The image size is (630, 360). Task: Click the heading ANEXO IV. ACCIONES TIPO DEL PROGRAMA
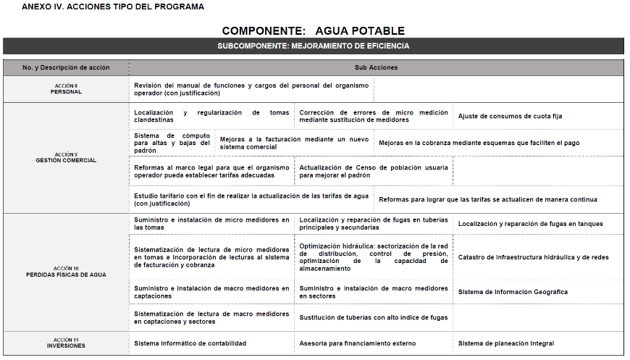point(113,7)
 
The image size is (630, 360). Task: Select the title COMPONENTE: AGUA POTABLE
point(313,31)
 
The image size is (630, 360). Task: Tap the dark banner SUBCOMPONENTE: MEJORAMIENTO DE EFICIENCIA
point(313,46)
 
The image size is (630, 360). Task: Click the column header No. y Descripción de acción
point(66,67)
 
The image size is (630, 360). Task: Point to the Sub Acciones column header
point(376,67)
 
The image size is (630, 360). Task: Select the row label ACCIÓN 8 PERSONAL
point(66,89)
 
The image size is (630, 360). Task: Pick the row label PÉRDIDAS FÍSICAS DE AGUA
point(66,272)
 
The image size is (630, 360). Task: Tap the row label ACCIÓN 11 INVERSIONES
point(66,343)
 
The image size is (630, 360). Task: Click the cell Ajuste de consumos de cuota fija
point(510,116)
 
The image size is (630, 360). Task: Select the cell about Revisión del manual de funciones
point(251,89)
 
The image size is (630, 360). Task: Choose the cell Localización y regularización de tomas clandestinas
point(211,116)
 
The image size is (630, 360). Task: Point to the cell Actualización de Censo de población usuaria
point(373,171)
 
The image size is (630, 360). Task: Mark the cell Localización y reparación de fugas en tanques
point(530,224)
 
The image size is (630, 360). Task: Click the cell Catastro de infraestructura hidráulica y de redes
point(533,257)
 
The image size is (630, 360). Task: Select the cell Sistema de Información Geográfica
point(513,292)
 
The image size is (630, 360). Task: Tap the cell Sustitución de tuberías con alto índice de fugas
point(373,317)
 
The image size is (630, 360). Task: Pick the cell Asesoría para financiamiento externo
point(357,343)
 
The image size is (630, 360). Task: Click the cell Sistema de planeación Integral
point(505,343)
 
